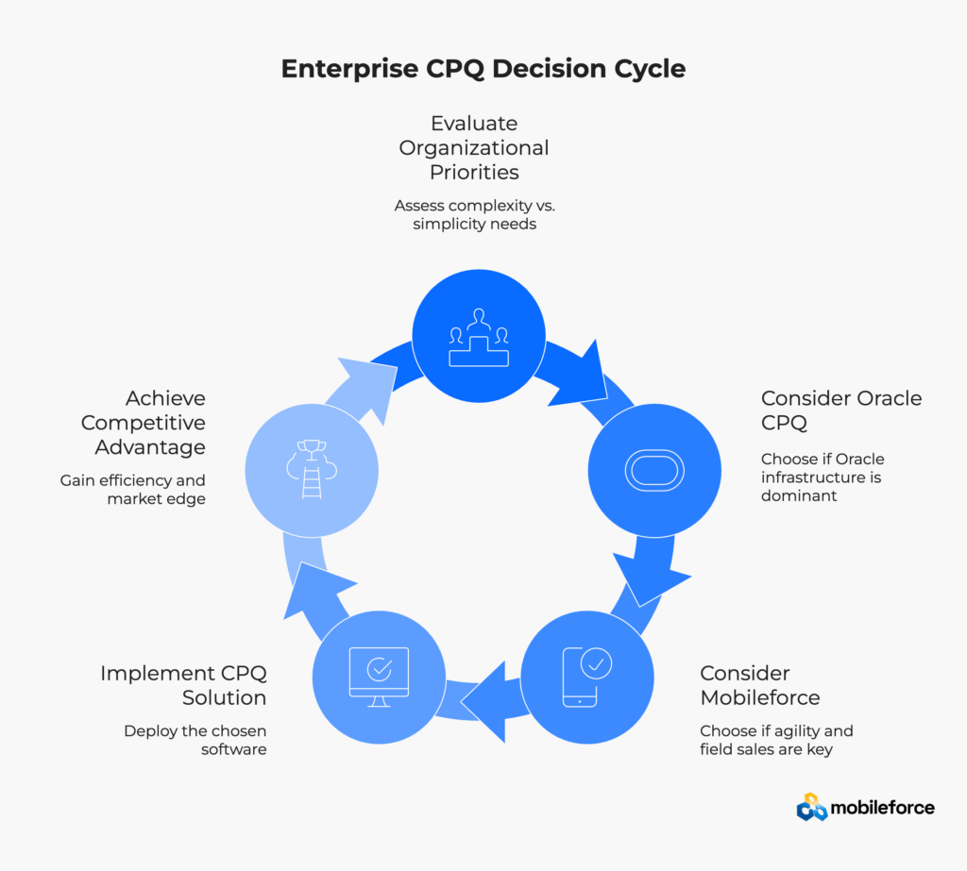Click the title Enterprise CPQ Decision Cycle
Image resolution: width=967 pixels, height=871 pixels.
[x=483, y=69]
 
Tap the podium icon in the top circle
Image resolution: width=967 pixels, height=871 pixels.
[x=479, y=338]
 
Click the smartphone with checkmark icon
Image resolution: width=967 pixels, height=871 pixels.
[x=586, y=676]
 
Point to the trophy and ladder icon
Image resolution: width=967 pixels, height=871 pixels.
[x=312, y=469]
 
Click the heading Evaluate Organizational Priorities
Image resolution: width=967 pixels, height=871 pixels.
[x=474, y=147]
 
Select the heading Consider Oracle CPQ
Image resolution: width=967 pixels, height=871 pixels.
[x=840, y=410]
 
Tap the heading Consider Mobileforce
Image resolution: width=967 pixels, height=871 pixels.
[x=759, y=685]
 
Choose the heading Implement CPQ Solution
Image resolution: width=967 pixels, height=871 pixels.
[x=184, y=685]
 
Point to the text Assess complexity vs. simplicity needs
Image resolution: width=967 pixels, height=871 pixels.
[x=474, y=214]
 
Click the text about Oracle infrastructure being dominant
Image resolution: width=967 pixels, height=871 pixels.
[x=823, y=477]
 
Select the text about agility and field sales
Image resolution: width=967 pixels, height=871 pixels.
[x=776, y=740]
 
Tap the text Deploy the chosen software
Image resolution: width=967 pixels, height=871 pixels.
[x=195, y=740]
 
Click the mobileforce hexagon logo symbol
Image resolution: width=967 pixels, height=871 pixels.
[x=811, y=807]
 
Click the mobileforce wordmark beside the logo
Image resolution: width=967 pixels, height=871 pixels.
[x=882, y=808]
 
